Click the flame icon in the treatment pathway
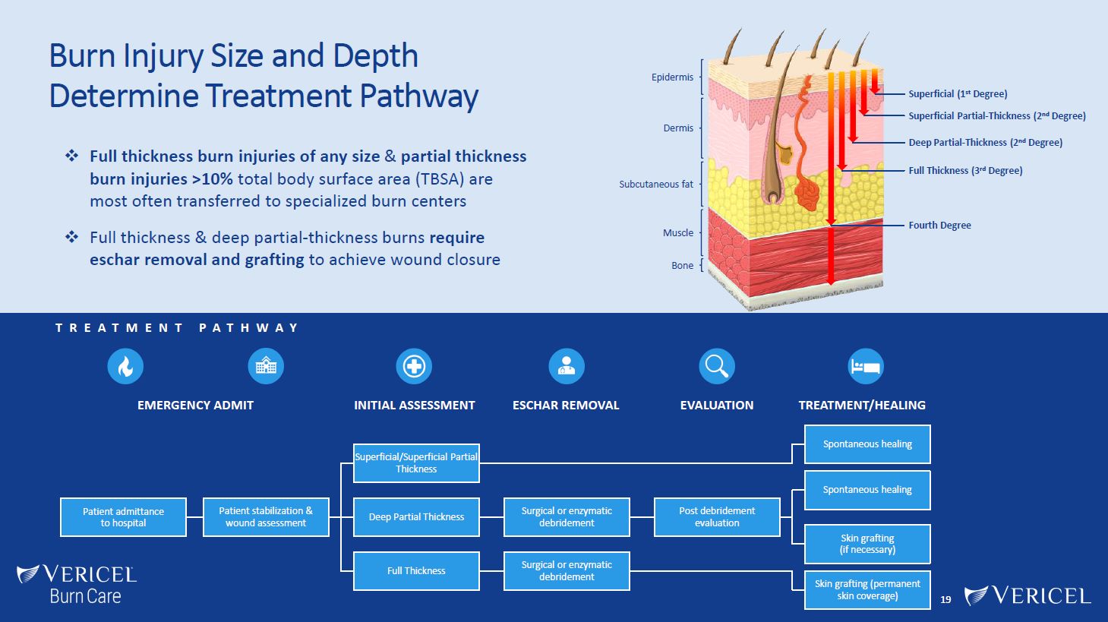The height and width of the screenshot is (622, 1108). (x=125, y=367)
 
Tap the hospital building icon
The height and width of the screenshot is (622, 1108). (x=266, y=367)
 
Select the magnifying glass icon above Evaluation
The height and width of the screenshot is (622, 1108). (x=717, y=367)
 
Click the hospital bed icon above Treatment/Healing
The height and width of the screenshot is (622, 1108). (x=866, y=367)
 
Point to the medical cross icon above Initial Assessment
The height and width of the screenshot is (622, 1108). (x=414, y=367)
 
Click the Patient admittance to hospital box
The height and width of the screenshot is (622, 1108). (x=123, y=517)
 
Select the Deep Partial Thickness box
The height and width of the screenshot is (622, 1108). (x=416, y=517)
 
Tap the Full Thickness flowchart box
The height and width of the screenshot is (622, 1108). (x=416, y=571)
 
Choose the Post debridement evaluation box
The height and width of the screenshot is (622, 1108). (x=717, y=517)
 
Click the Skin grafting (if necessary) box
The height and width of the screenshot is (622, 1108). (x=867, y=544)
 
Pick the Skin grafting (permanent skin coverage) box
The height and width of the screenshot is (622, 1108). (x=867, y=590)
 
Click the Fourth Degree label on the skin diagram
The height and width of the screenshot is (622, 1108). (x=939, y=226)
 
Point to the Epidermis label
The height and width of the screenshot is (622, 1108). (x=672, y=77)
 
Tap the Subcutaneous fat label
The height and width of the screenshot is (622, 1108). (x=656, y=185)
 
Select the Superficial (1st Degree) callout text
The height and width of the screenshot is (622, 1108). (x=958, y=94)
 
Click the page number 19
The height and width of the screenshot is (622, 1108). (x=945, y=600)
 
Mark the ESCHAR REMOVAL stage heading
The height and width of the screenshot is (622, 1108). (x=566, y=406)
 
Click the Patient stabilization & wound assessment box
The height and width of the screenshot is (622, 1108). (x=266, y=517)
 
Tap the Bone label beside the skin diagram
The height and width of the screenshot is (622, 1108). (x=682, y=266)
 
